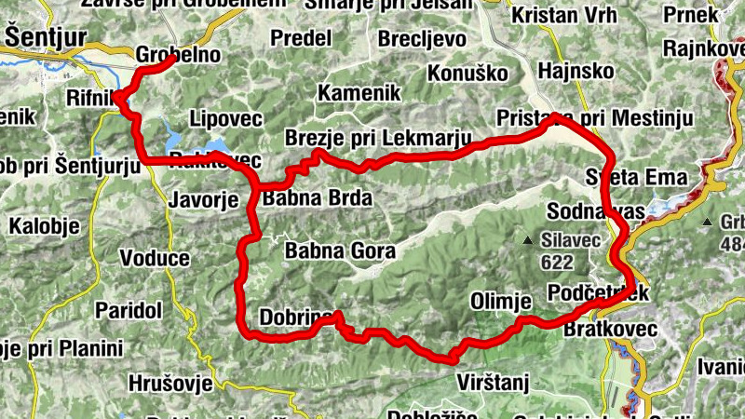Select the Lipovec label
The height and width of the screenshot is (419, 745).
(225, 118)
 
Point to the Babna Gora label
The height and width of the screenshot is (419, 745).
(340, 250)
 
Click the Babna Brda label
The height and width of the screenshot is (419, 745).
(318, 198)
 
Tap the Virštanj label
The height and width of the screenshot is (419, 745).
(494, 381)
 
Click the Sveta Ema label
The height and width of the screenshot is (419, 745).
(637, 177)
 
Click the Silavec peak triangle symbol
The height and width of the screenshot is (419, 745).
(529, 241)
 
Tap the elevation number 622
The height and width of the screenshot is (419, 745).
(557, 264)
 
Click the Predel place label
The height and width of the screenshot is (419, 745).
(303, 38)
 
